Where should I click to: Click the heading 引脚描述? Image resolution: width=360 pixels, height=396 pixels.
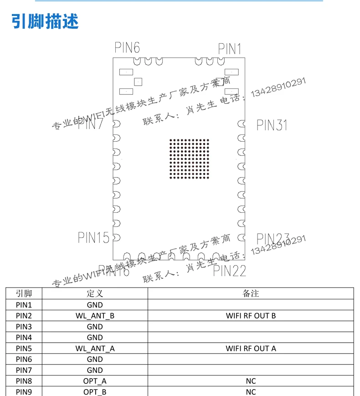pyautogui.click(x=45, y=21)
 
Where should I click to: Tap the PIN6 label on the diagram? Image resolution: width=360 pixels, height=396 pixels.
pyautogui.click(x=127, y=47)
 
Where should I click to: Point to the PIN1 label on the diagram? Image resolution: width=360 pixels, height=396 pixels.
pyautogui.click(x=230, y=49)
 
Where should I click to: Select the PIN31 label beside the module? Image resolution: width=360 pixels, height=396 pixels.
pyautogui.click(x=272, y=124)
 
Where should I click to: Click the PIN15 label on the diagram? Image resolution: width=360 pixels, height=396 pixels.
pyautogui.click(x=93, y=237)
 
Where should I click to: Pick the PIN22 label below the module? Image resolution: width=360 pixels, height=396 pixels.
pyautogui.click(x=230, y=271)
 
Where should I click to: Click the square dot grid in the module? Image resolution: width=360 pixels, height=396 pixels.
pyautogui.click(x=189, y=159)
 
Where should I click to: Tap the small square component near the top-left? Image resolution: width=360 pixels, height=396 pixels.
pyautogui.click(x=138, y=82)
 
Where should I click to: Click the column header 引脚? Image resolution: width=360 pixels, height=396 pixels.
pyautogui.click(x=24, y=293)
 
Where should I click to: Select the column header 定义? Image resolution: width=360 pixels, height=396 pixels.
pyautogui.click(x=95, y=293)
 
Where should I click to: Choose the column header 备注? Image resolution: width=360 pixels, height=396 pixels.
pyautogui.click(x=251, y=293)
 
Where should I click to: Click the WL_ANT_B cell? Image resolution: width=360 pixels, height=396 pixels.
pyautogui.click(x=95, y=316)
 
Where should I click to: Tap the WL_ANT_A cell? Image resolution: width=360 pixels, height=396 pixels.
pyautogui.click(x=95, y=349)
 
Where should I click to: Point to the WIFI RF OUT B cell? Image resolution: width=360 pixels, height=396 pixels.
pyautogui.click(x=251, y=316)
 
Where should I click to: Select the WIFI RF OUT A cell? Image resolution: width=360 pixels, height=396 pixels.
pyautogui.click(x=251, y=349)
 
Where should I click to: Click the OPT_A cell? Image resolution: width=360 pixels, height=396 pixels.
pyautogui.click(x=95, y=381)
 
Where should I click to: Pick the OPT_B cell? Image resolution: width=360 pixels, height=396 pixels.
pyautogui.click(x=95, y=392)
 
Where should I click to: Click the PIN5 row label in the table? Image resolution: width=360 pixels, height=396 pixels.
pyautogui.click(x=24, y=349)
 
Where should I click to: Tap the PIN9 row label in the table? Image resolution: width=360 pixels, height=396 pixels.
pyautogui.click(x=24, y=392)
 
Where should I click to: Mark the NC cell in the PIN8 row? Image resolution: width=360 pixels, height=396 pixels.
pyautogui.click(x=251, y=381)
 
